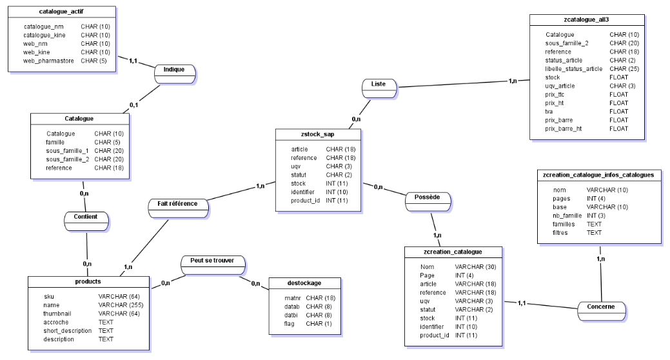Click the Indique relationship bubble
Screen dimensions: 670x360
[x=175, y=74]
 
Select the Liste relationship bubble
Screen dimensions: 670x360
[x=379, y=88]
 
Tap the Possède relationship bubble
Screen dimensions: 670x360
[x=428, y=202]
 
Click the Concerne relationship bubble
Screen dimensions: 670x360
[x=601, y=311]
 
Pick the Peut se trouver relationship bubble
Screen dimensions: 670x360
[x=213, y=265]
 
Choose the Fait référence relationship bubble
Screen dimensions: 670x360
[x=178, y=208]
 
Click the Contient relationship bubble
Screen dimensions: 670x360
[x=86, y=221]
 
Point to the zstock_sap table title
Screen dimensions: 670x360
[x=317, y=134]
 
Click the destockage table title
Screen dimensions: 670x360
[x=304, y=283]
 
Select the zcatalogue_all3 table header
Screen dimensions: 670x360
[x=586, y=19]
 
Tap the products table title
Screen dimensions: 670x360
[x=88, y=281]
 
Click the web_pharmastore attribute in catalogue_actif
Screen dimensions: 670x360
[x=48, y=61]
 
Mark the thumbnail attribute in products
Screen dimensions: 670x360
[x=57, y=314]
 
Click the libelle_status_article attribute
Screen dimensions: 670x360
[x=573, y=69]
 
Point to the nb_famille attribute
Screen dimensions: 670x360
[x=567, y=215]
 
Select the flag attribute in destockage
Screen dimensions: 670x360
[x=290, y=324]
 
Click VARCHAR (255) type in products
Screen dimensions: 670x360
[x=121, y=305]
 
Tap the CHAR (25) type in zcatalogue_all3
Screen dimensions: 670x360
[x=624, y=69]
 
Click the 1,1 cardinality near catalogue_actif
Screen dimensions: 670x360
[x=133, y=61]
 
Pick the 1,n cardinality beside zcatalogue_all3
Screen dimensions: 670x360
[x=513, y=81]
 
